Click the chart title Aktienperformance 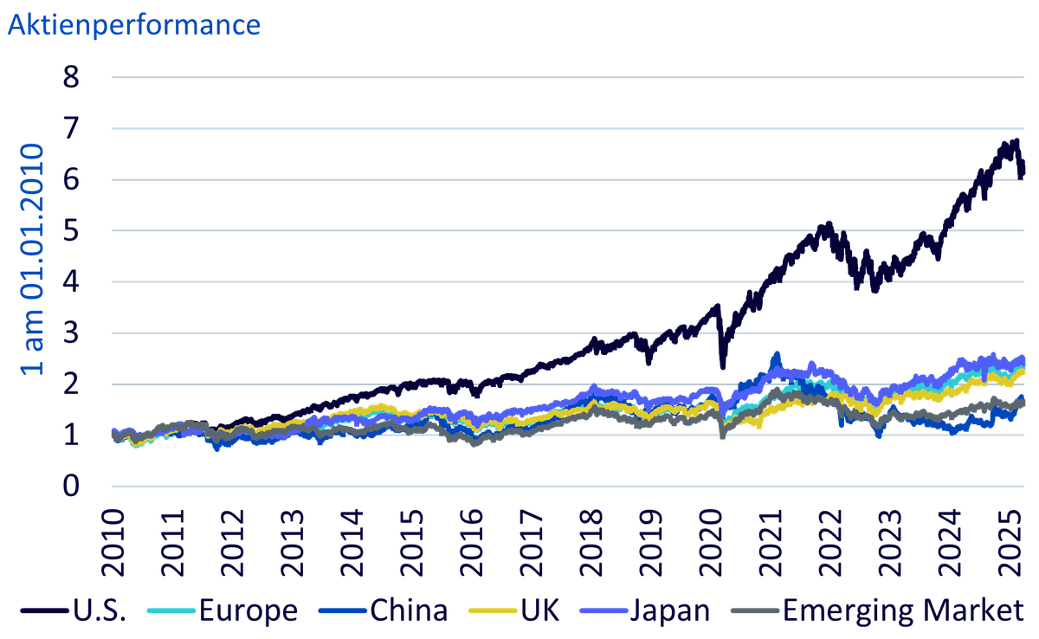[134, 25]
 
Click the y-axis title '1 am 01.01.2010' [32, 259]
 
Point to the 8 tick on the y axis [71, 77]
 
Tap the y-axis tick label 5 [71, 230]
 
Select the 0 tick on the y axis [71, 487]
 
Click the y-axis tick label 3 [71, 333]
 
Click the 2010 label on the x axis [113, 543]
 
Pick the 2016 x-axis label [472, 543]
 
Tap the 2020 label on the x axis [712, 543]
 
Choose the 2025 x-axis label [1011, 543]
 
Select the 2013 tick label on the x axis [293, 543]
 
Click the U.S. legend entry [74, 610]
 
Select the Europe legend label [223, 610]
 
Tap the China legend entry [383, 610]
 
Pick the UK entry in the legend [514, 610]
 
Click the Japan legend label [645, 610]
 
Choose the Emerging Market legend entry [877, 610]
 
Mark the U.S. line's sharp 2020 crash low [723, 367]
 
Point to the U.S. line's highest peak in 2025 [1016, 140]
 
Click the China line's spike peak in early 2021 [777, 353]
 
